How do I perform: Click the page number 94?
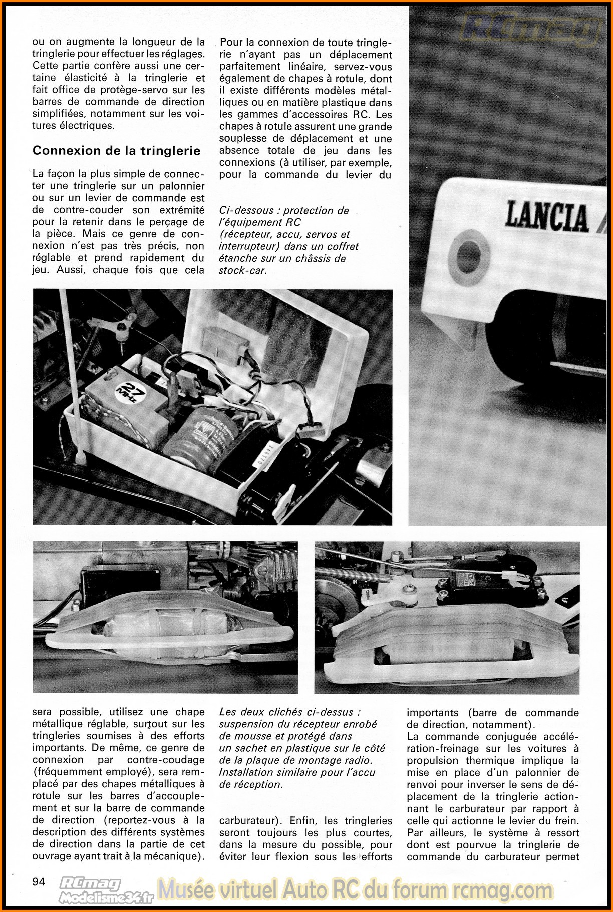(x=39, y=881)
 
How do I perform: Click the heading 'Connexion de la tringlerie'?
(x=116, y=151)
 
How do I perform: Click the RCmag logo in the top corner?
(x=531, y=28)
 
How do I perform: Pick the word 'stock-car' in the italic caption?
(x=242, y=271)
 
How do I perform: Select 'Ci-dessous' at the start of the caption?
(x=246, y=211)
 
